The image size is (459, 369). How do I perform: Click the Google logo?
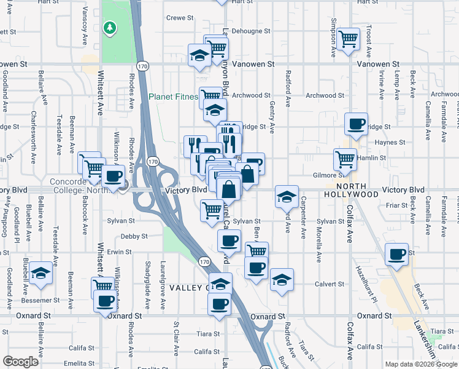coord(21,362)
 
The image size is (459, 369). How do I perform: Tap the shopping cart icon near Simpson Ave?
coord(349,39)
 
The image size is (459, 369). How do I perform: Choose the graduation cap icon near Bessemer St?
coord(40,273)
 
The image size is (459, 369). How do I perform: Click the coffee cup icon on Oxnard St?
coord(219,303)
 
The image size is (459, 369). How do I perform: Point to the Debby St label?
coord(134,236)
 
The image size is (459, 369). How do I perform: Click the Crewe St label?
coord(180,18)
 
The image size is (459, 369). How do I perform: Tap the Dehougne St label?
coord(252,31)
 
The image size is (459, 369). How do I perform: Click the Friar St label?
coord(397,205)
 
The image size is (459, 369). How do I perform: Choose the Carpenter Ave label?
coord(303,216)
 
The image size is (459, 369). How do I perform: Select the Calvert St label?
coord(331,284)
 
